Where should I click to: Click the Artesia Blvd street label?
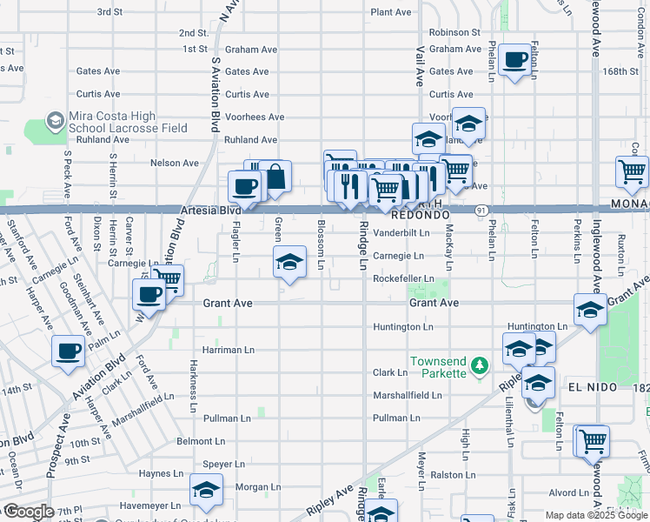coord(210,211)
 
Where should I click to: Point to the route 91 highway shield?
coord(481,211)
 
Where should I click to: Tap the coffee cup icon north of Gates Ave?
coord(515,60)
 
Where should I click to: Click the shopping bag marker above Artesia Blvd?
coord(275,177)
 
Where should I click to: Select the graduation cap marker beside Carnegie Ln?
coord(289,261)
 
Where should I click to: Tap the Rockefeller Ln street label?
coord(403,278)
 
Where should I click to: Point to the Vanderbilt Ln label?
coord(401,233)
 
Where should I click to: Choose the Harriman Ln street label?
coord(228,350)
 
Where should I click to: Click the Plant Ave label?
coord(391,12)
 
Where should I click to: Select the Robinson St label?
coord(454,32)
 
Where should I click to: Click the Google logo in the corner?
coord(28,512)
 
